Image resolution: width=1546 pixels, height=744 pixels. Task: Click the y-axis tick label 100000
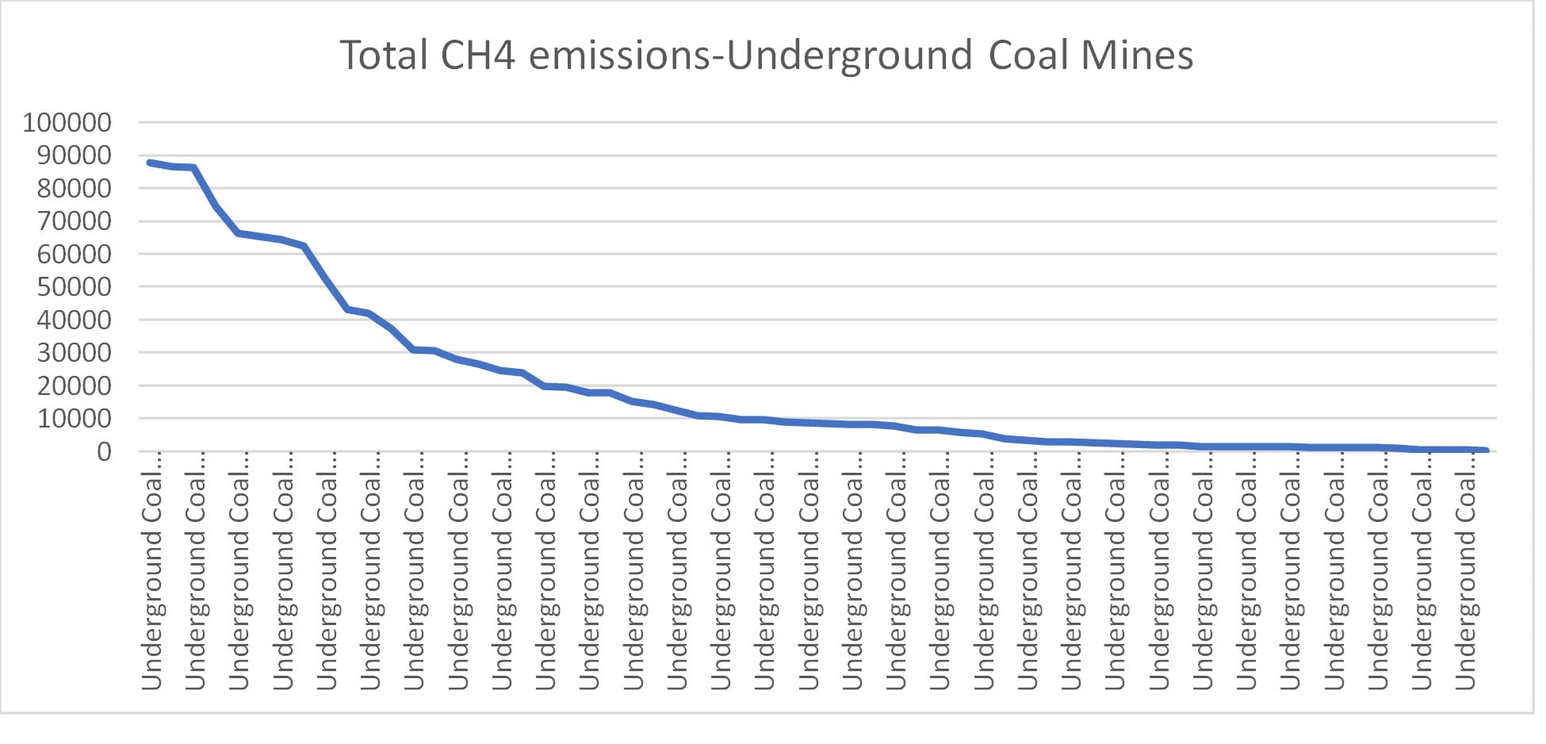point(67,123)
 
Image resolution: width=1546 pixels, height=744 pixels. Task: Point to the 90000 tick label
point(74,155)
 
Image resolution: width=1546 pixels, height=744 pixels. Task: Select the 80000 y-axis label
point(74,189)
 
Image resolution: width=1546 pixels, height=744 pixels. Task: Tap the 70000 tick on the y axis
point(74,221)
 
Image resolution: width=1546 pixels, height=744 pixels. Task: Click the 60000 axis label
point(74,255)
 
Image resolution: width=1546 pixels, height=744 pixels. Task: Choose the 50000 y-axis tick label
point(74,287)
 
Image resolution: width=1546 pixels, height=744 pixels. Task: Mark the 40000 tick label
point(74,320)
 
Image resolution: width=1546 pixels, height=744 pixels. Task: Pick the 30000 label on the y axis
point(74,353)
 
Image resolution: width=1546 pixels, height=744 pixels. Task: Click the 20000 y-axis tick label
point(74,386)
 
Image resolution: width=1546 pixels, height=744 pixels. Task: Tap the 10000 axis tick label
point(74,419)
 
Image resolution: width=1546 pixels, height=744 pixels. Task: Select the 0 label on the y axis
point(104,452)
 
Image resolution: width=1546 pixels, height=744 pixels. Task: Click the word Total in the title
point(385,56)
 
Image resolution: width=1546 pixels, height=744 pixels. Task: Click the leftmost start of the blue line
point(149,163)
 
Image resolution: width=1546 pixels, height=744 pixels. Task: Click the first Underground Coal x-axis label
point(151,571)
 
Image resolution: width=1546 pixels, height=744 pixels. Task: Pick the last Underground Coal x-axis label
point(1467,571)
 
